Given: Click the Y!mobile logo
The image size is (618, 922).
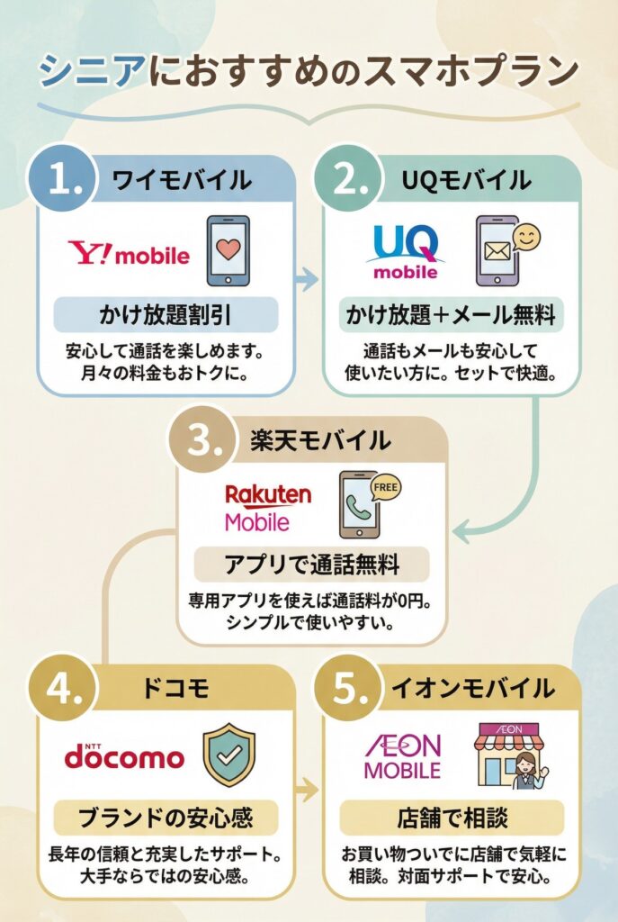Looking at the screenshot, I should (130, 253).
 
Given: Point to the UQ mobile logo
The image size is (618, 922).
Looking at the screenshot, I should (407, 250).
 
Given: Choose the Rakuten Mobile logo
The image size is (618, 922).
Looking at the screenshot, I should (268, 508).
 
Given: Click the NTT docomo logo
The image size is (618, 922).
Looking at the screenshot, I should (124, 755).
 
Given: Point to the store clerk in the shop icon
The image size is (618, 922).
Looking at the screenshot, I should (524, 770).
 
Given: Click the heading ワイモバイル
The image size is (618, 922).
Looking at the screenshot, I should (181, 180).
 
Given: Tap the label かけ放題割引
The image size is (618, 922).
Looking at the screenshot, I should (166, 316).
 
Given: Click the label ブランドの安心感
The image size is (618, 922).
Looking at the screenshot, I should (166, 818).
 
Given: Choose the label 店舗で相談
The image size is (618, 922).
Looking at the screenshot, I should (452, 818).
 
